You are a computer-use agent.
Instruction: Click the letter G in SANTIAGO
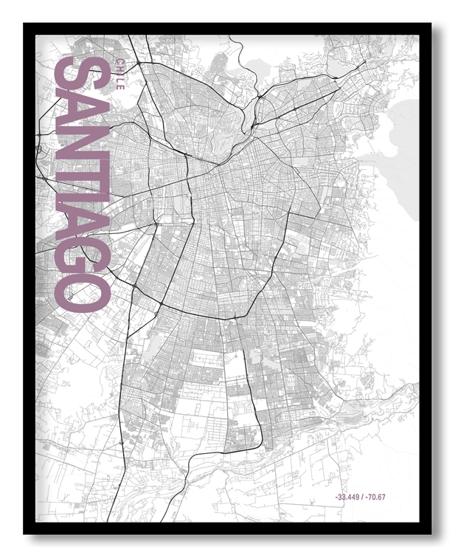(83, 255)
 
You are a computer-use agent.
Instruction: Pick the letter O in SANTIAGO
(83, 292)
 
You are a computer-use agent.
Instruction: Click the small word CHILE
(119, 73)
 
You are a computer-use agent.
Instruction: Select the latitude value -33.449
(348, 497)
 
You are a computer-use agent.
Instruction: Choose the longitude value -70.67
(375, 497)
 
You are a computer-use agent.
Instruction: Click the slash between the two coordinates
(363, 497)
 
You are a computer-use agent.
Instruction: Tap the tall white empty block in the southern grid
(234, 376)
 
